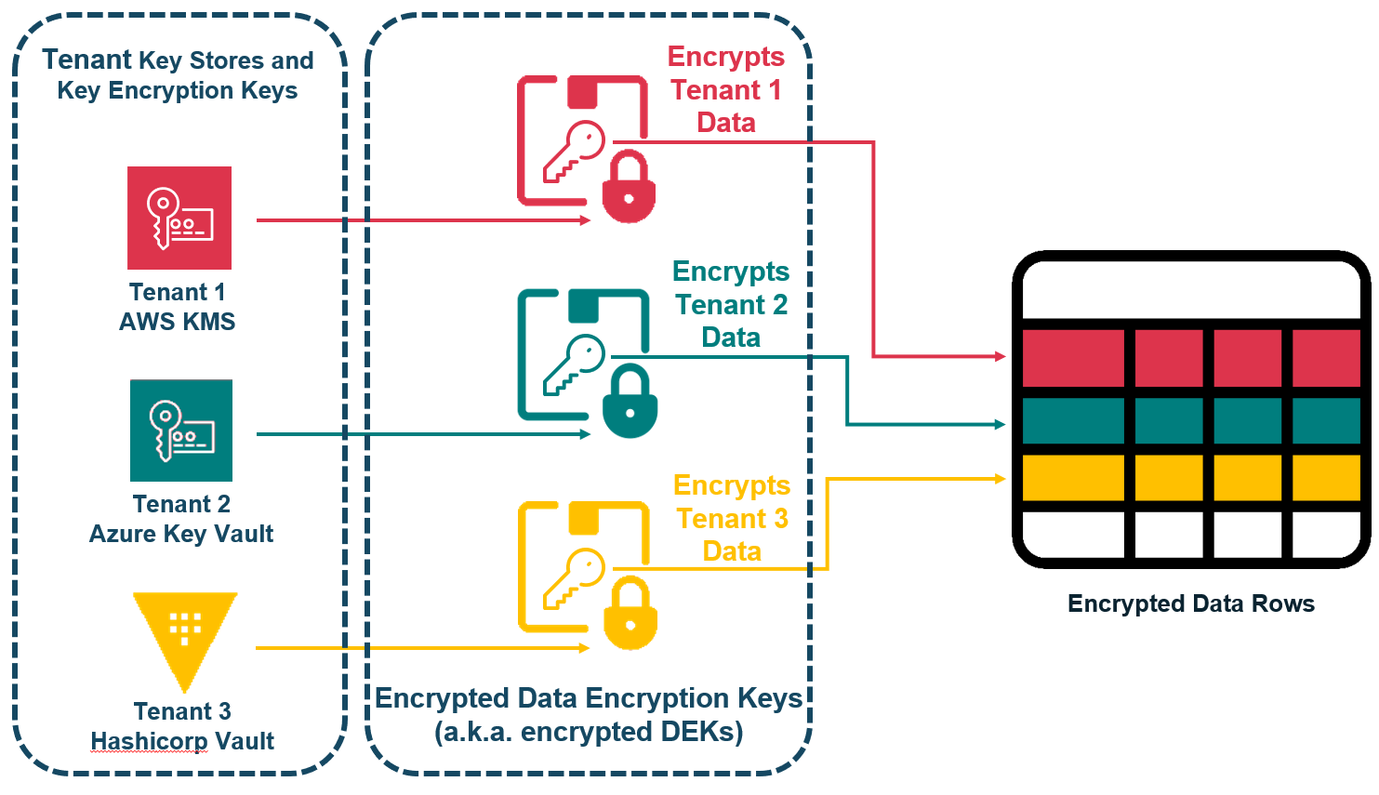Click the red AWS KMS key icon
pyautogui.click(x=179, y=218)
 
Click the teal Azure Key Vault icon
pyautogui.click(x=181, y=431)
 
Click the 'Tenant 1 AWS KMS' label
pyautogui.click(x=178, y=307)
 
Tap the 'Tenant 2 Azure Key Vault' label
pyautogui.click(x=181, y=519)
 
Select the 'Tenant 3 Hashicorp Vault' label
pyautogui.click(x=182, y=726)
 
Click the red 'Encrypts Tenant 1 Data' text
pyautogui.click(x=726, y=89)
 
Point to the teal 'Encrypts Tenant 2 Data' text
pyautogui.click(x=731, y=304)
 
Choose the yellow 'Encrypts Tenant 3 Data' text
pyautogui.click(x=732, y=518)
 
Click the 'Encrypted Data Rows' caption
pyautogui.click(x=1190, y=603)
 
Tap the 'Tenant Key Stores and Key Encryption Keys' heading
pyautogui.click(x=178, y=74)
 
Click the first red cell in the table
pyautogui.click(x=1073, y=358)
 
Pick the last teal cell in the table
pyautogui.click(x=1326, y=421)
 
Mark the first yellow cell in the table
pyautogui.click(x=1073, y=478)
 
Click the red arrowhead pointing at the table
pyautogui.click(x=1000, y=356)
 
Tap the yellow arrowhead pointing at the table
pyautogui.click(x=1000, y=479)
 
